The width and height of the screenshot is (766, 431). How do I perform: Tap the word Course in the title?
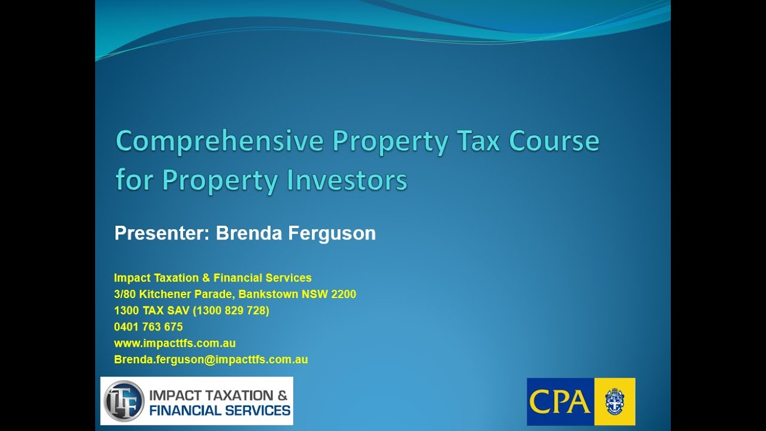click(x=554, y=142)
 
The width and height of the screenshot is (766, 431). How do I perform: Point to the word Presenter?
click(x=162, y=233)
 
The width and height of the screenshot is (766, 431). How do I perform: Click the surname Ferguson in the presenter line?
click(x=332, y=233)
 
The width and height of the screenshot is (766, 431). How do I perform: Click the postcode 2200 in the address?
click(x=344, y=294)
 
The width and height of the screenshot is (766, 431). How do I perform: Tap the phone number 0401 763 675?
click(x=148, y=327)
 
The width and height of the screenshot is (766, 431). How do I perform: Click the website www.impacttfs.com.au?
click(x=175, y=343)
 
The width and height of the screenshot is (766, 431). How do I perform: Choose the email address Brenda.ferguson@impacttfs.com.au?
click(x=211, y=360)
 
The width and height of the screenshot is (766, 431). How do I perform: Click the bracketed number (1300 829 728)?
click(x=231, y=311)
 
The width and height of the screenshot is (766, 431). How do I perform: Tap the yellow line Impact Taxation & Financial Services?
click(x=212, y=278)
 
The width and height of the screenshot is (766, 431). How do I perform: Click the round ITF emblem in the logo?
click(x=124, y=400)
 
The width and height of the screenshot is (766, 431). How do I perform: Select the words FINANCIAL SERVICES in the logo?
click(x=220, y=411)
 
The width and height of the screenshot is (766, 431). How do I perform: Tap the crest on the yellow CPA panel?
click(x=615, y=401)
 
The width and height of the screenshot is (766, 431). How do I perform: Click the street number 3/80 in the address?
click(x=125, y=294)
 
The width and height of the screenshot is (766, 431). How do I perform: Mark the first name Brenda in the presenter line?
click(x=250, y=233)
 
